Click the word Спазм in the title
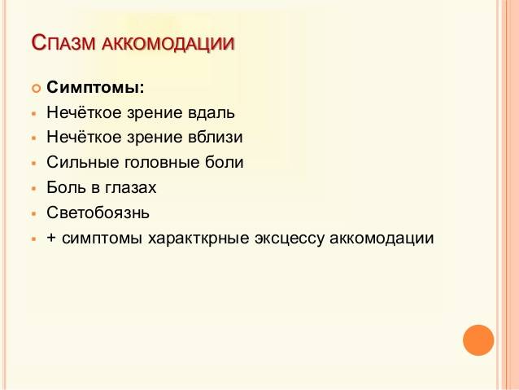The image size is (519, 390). pyautogui.click(x=63, y=42)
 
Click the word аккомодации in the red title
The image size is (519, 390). pyautogui.click(x=168, y=44)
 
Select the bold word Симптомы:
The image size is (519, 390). pyautogui.click(x=95, y=87)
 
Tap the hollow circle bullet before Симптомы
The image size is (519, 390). pyautogui.click(x=36, y=89)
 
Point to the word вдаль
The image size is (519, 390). pyautogui.click(x=212, y=112)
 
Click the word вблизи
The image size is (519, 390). pyautogui.click(x=216, y=137)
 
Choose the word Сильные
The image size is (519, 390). pyautogui.click(x=82, y=162)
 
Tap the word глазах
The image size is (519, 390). pyautogui.click(x=131, y=187)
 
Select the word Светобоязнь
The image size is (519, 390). pyautogui.click(x=98, y=213)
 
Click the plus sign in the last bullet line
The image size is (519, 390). pyautogui.click(x=51, y=238)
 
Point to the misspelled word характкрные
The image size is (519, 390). pyautogui.click(x=198, y=239)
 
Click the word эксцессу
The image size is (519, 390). pyautogui.click(x=289, y=239)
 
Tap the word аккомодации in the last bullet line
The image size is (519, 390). pyautogui.click(x=382, y=239)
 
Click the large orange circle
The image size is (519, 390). pyautogui.click(x=478, y=340)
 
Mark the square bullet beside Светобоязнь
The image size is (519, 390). pyautogui.click(x=33, y=213)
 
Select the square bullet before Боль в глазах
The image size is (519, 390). pyautogui.click(x=33, y=189)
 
